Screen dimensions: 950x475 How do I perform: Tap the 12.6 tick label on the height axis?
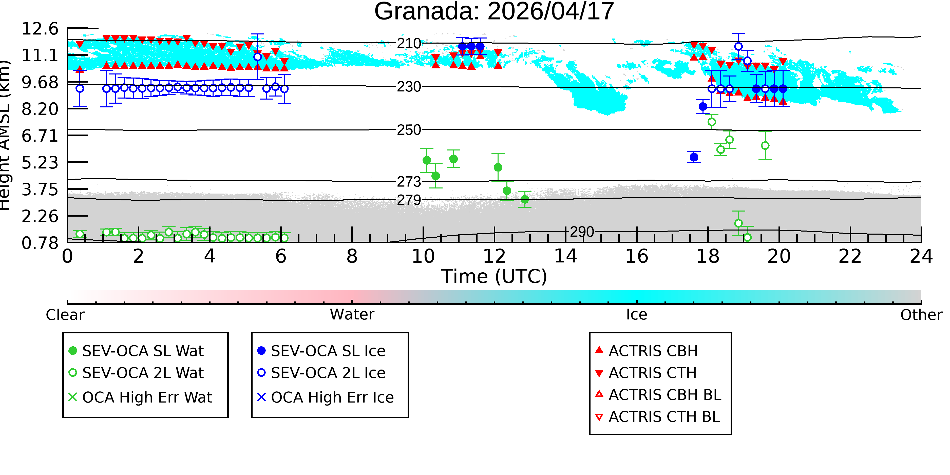click(x=40, y=29)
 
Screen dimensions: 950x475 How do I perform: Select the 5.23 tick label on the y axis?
click(x=40, y=163)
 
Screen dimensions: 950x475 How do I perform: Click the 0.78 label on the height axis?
click(x=40, y=243)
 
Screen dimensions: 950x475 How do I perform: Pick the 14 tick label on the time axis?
click(x=565, y=256)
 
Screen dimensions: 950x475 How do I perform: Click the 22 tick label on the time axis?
click(x=850, y=256)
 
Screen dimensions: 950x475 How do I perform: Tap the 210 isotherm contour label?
click(x=409, y=44)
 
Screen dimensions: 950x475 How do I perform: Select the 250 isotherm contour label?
click(x=409, y=130)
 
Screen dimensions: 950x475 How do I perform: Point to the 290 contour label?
click(x=582, y=232)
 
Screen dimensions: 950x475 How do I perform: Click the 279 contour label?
click(x=409, y=200)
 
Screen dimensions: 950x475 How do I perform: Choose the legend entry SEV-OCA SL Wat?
click(x=137, y=351)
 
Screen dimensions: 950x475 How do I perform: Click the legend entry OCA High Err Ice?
click(x=325, y=397)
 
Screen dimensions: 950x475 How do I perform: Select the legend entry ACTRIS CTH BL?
click(x=658, y=417)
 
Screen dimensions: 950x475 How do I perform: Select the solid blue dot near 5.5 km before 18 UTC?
click(x=694, y=157)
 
